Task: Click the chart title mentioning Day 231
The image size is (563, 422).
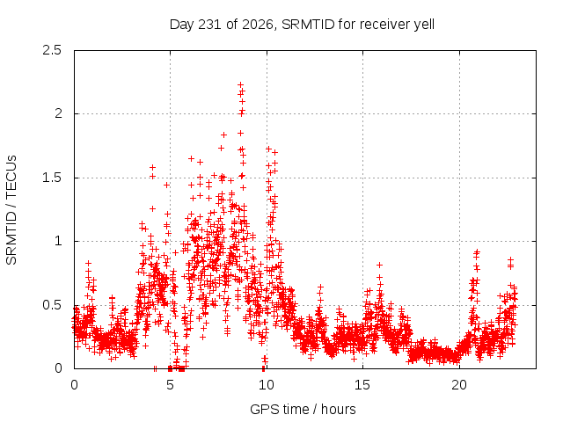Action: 302,25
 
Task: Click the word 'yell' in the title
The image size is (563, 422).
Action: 424,25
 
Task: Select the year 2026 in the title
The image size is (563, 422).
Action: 258,25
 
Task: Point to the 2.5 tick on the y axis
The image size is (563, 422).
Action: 53,50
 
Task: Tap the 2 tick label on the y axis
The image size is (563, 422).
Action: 58,113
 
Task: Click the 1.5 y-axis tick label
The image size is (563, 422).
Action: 53,178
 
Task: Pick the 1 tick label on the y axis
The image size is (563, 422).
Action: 58,241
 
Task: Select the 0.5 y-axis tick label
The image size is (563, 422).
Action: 53,305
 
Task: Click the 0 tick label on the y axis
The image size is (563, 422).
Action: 58,368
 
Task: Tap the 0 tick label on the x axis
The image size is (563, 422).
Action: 74,385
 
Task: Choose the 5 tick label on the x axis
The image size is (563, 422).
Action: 170,385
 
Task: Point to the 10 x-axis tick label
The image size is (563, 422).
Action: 267,385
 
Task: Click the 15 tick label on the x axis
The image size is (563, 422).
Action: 362,385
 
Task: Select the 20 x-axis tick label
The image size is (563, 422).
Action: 459,385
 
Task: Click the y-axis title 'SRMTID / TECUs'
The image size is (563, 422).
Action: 11,210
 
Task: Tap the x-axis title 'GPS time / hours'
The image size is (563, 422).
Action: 303,410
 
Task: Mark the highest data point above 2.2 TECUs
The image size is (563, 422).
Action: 240,84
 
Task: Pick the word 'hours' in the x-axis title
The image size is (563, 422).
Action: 338,409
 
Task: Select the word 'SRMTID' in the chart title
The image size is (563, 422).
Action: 308,25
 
